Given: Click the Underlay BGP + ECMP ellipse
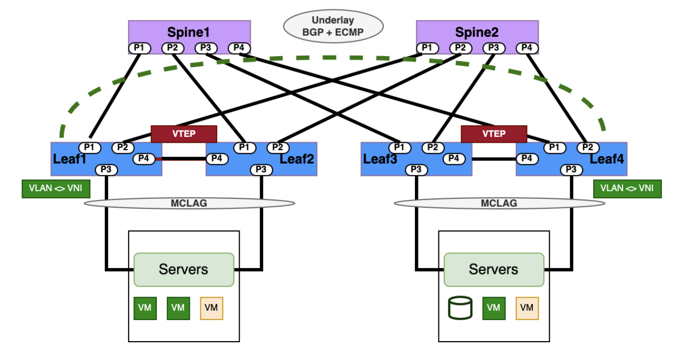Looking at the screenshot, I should coord(334,26).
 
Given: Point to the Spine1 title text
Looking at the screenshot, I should coord(189,32).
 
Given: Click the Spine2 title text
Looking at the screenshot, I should coord(477,32).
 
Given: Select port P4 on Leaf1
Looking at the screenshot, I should coord(144,158).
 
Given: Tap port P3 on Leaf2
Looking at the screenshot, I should coord(261,170).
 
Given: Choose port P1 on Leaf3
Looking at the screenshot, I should coord(399,147).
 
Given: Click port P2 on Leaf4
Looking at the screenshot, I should coord(588,147).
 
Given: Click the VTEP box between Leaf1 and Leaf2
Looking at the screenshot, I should coord(184,134).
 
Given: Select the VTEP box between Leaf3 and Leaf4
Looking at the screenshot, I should coord(494,134).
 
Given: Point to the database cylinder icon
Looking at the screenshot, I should coord(460,308).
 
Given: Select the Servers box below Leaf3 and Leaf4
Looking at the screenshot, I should coord(494,270).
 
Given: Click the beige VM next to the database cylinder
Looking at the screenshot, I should coord(527,308).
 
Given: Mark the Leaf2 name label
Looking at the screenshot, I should coord(297,158).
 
